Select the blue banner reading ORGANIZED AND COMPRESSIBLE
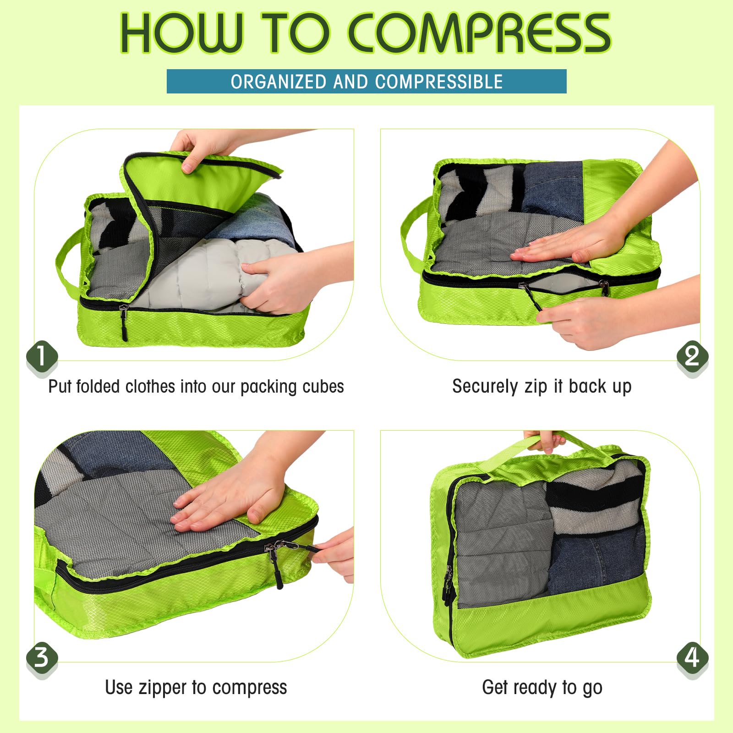[x=366, y=82]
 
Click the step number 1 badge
[x=42, y=356]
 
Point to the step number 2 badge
[x=692, y=356]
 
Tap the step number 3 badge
[x=42, y=658]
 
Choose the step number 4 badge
[x=692, y=658]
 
